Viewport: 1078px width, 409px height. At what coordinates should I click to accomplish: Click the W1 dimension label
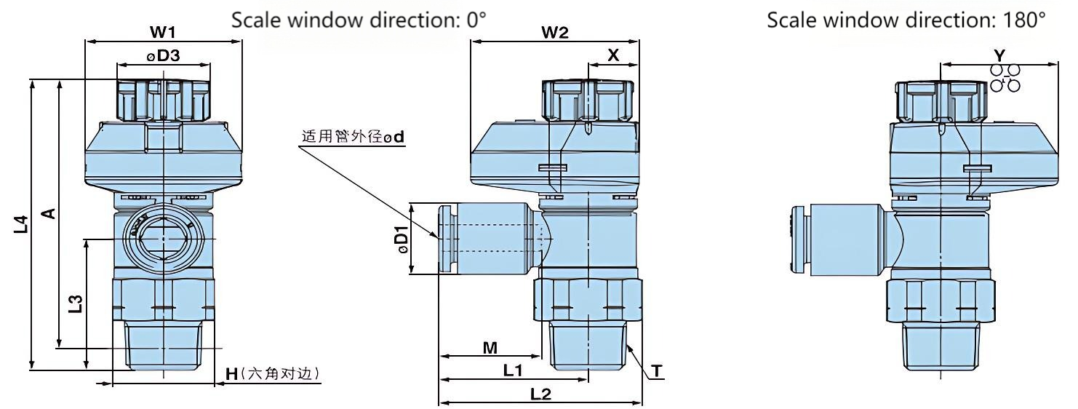pos(163,33)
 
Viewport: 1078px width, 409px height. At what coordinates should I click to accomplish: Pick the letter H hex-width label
pos(232,374)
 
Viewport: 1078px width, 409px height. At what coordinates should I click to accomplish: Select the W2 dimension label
pos(554,33)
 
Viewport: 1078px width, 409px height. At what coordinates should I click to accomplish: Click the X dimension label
pos(613,55)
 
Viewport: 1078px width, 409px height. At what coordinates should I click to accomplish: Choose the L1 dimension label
pos(514,370)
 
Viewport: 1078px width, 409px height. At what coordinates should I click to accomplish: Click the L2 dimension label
pos(540,394)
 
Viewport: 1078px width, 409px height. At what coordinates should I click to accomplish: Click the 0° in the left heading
pos(474,21)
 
